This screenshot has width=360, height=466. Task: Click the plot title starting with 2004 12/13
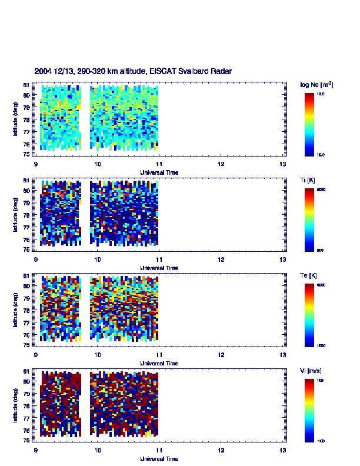coord(133,71)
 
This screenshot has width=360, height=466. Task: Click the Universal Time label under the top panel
coord(159,172)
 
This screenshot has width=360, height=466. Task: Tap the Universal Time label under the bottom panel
coord(159,458)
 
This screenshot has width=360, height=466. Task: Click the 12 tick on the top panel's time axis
coord(221,164)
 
